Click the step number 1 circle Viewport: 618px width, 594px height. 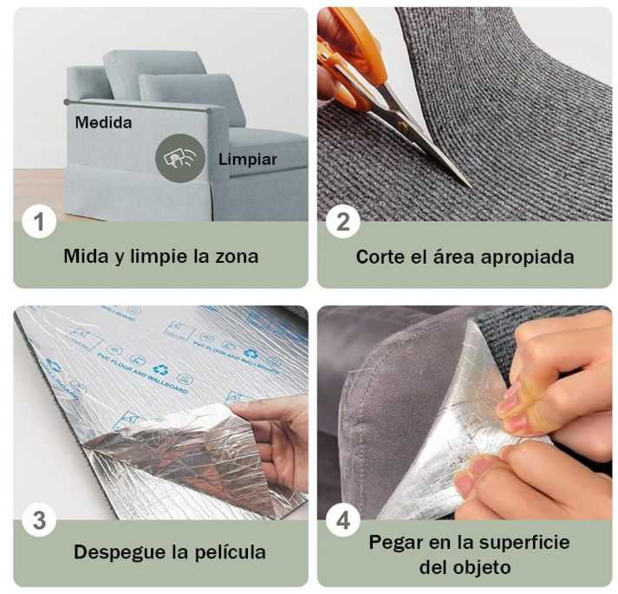(x=39, y=222)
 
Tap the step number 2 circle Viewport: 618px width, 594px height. (x=342, y=222)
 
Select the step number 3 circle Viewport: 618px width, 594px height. (x=39, y=521)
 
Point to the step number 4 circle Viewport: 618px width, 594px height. (x=343, y=521)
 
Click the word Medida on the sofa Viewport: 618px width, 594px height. (x=103, y=122)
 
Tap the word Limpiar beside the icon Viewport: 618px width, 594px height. (x=248, y=160)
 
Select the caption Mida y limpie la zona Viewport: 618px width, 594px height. (x=160, y=257)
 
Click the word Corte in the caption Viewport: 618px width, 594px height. (x=379, y=257)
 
